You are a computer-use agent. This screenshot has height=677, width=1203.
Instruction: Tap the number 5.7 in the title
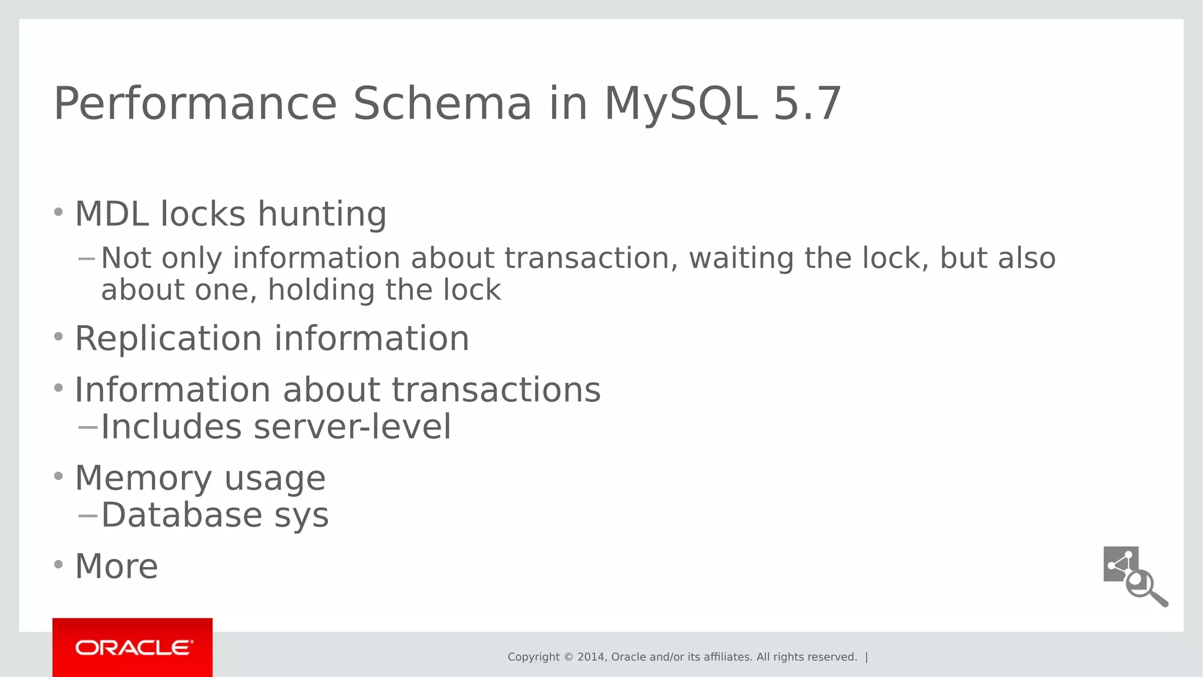pos(807,104)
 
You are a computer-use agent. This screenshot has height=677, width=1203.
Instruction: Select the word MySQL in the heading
pos(680,104)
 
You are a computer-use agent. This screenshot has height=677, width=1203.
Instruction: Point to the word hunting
pos(322,213)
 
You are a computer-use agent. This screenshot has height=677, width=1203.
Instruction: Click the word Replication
pos(168,338)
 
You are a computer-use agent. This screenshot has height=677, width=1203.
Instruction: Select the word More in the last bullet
pos(116,566)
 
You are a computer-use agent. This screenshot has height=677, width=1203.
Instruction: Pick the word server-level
pos(352,427)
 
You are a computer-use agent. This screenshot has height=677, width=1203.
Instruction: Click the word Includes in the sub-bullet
pos(171,427)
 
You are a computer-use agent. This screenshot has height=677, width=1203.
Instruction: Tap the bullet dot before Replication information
pos(58,337)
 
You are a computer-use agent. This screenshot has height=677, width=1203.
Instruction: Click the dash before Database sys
pos(88,515)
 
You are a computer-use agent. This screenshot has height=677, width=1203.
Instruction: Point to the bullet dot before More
pos(58,565)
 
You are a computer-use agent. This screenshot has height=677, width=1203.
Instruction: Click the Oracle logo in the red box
pos(133,648)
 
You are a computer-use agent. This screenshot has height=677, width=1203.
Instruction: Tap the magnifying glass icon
pos(1145,588)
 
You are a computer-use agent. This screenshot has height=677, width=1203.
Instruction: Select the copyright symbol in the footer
pos(568,657)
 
